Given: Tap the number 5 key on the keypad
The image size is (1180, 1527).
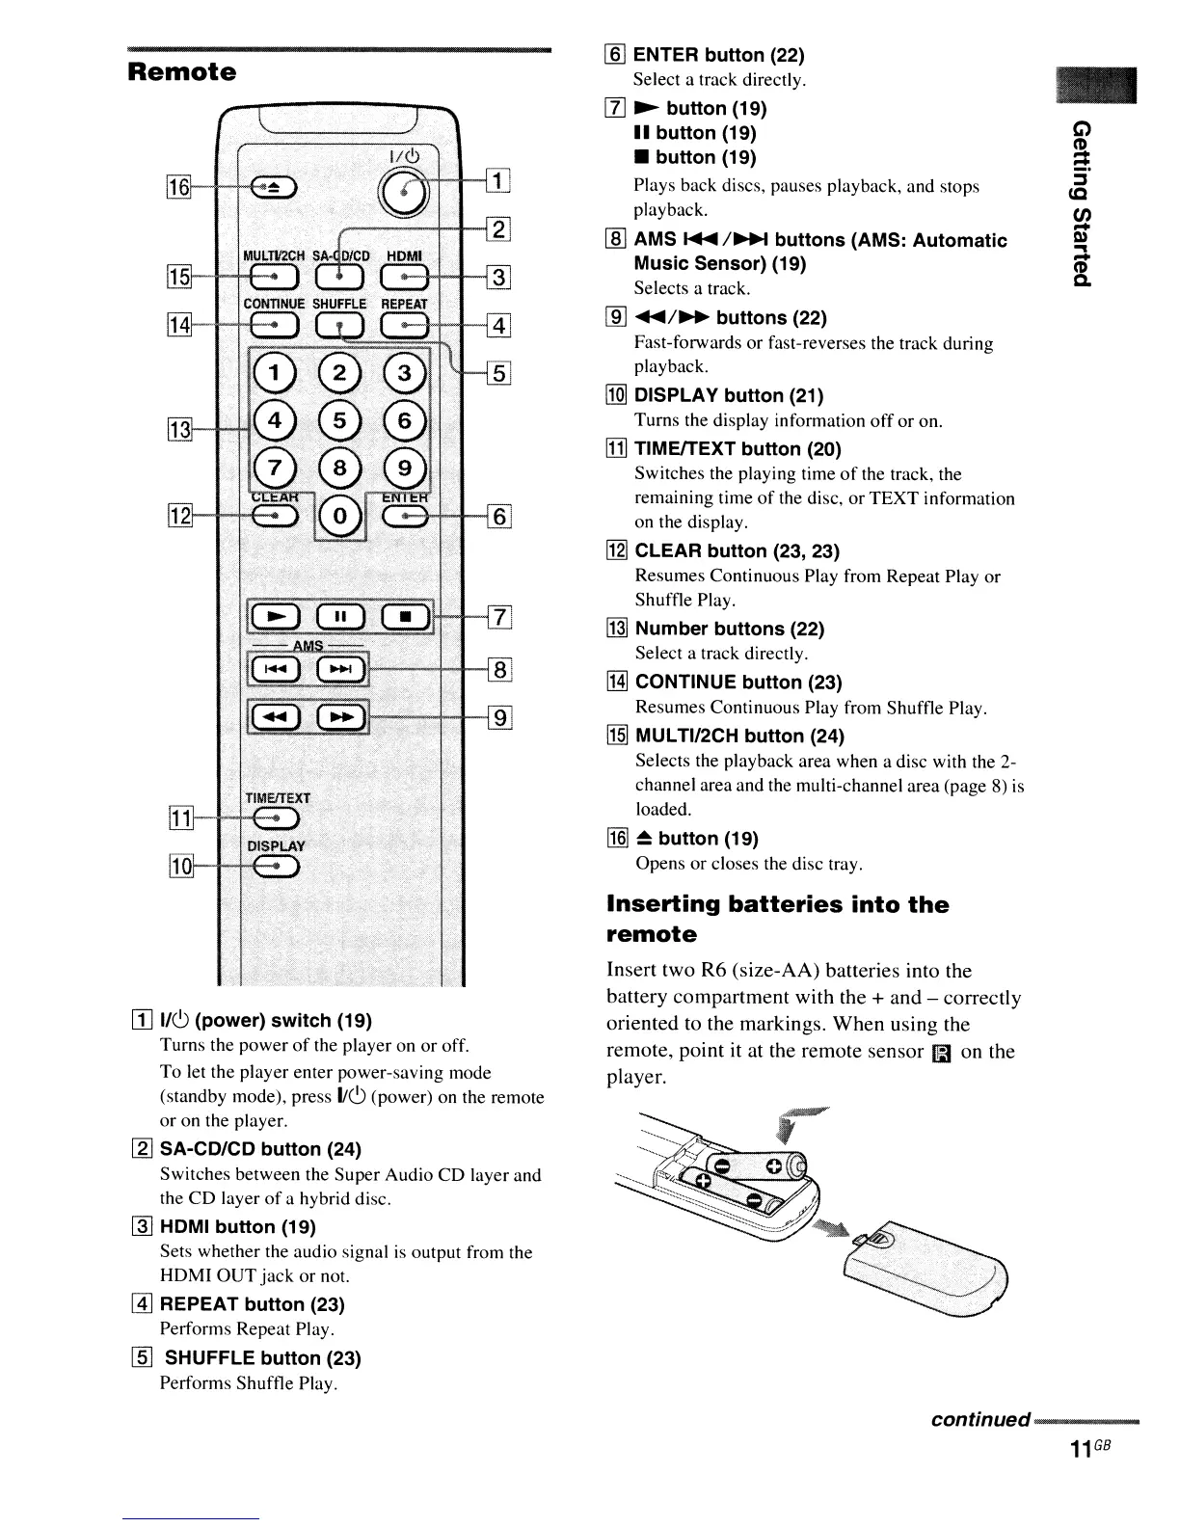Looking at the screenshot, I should coord(337,420).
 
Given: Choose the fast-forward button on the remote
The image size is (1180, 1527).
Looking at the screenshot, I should coord(342,716).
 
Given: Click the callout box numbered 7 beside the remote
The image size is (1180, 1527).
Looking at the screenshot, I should coord(500,616).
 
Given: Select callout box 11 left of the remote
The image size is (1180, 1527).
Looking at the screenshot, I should coord(179,819).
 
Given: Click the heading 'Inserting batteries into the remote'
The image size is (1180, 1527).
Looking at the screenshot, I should coord(777,919).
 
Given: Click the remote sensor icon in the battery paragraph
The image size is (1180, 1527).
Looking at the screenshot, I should coord(942,1053).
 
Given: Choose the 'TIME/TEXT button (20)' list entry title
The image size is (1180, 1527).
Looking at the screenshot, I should coord(737,448).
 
